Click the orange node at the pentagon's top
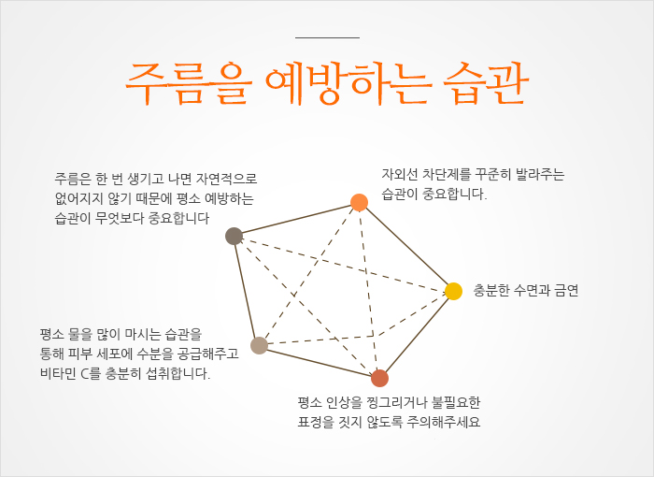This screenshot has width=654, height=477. pos(359,202)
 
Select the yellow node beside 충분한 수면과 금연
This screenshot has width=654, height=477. pos(453,291)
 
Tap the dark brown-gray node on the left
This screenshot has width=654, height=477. pos(235,236)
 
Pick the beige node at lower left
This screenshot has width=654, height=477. pos(259,345)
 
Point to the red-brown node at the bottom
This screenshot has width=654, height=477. pos(379,378)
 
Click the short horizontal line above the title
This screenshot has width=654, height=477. pos(326,38)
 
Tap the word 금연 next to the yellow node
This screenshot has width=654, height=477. pos(565,291)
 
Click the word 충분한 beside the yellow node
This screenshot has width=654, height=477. pos(494,291)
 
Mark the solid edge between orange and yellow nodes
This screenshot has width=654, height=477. pos(406,247)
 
